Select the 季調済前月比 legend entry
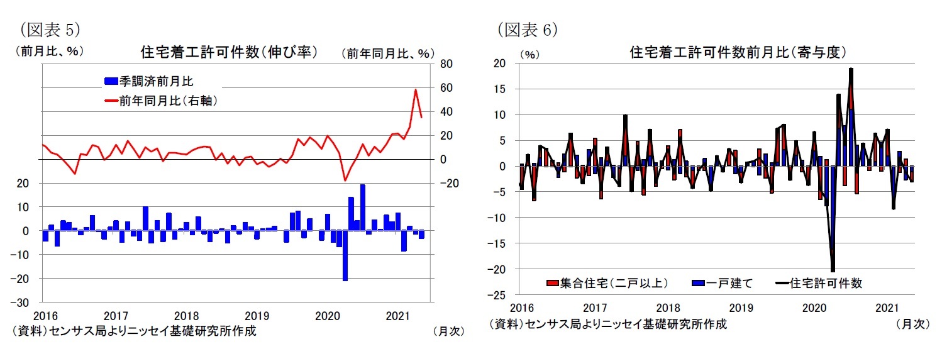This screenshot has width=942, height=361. click(160, 81)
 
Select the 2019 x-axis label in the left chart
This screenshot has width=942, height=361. click(257, 314)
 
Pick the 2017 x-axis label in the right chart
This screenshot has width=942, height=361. click(594, 308)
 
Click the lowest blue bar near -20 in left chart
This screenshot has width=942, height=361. click(345, 280)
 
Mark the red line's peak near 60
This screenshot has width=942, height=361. click(416, 90)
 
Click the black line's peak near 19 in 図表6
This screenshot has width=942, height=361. click(851, 69)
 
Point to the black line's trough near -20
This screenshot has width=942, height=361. click(833, 271)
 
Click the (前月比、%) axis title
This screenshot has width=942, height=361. click(50, 52)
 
